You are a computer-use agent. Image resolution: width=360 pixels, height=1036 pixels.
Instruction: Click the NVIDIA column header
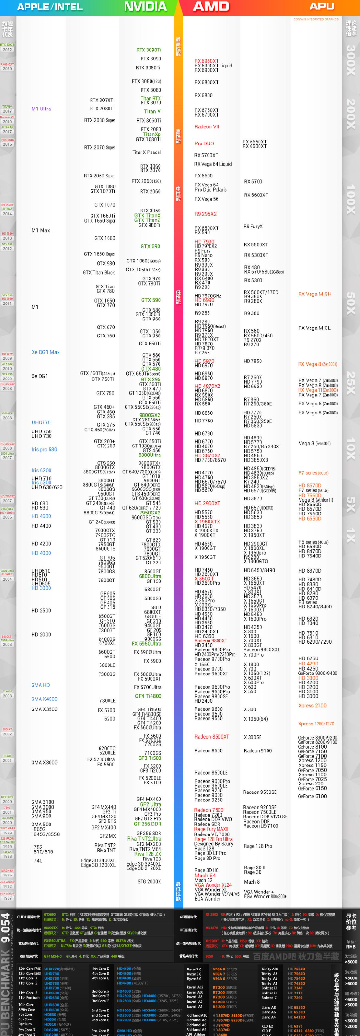coord(145,7)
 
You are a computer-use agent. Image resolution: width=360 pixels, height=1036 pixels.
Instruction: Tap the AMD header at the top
coord(211,7)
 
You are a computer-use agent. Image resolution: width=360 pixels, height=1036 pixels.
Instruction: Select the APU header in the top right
coord(322,7)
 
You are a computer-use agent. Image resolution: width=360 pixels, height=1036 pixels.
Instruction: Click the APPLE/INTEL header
coord(50,7)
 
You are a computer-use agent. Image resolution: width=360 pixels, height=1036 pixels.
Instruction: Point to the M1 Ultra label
coord(41,109)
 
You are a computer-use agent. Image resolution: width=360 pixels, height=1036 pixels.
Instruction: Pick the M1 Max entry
coord(41,230)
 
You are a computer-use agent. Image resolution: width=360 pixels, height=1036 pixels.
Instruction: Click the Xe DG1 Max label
coord(45,352)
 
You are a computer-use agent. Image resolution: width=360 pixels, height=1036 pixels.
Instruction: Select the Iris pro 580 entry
coord(44,449)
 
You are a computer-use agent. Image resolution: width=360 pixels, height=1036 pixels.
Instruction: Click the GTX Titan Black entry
coord(99,272)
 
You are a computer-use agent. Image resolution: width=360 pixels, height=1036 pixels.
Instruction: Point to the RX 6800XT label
coord(207,82)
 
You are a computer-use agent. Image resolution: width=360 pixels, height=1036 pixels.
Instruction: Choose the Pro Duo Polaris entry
coord(210,190)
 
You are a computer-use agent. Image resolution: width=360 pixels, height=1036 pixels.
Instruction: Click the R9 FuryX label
coord(253,227)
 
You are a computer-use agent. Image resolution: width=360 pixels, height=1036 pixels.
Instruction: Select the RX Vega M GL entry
coord(314,328)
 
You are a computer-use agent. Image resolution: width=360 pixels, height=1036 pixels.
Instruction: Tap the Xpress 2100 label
coord(312,706)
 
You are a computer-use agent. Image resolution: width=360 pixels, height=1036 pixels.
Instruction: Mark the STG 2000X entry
coord(149,881)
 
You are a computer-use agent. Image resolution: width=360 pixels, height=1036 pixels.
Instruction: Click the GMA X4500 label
coord(44,699)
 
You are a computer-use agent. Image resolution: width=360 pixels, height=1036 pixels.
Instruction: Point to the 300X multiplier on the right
coord(351,60)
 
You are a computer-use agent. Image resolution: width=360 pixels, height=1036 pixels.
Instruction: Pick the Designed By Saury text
coord(214,843)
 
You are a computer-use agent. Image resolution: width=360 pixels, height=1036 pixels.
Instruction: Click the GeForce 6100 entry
coord(312,796)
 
